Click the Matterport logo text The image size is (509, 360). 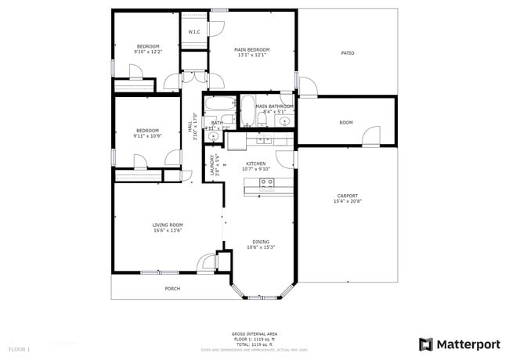point(468,344)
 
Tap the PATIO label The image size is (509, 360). point(347,53)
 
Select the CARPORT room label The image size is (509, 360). point(348,196)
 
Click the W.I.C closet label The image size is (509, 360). point(193,32)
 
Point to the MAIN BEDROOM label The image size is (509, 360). point(252,49)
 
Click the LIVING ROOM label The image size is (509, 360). point(168,225)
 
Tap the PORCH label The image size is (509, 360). point(172,289)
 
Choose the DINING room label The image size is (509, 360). point(261,242)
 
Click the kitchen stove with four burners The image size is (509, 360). point(267,185)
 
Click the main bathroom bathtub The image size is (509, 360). point(247,111)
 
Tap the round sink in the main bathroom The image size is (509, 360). point(286,121)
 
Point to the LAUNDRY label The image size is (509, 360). point(211,165)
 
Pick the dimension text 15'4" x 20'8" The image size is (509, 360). point(348,202)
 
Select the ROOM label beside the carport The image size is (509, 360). point(346,123)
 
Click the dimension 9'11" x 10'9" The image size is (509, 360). point(147,136)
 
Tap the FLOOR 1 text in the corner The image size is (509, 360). point(19,348)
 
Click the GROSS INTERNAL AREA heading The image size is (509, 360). point(253,333)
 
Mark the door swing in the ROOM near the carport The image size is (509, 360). point(371,135)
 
